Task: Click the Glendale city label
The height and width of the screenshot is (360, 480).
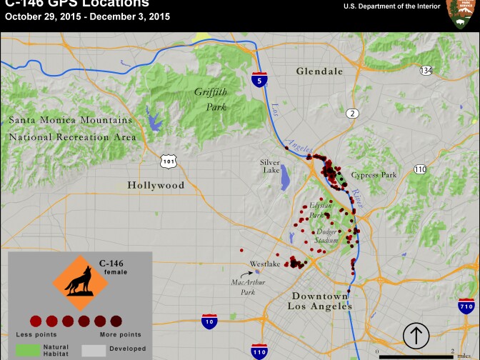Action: pos(319,71)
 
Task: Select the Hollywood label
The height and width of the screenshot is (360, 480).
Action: pos(156,185)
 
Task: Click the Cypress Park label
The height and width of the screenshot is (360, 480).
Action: pos(378,175)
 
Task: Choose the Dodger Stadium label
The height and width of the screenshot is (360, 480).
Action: pos(326,236)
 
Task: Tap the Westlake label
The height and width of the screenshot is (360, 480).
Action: pos(265,264)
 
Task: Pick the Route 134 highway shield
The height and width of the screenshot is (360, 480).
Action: pos(426,71)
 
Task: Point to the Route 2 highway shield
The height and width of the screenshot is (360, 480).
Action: pos(351,114)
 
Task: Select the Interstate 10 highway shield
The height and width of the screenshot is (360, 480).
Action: pos(209,322)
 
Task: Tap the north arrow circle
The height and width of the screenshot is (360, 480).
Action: pos(416,335)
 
